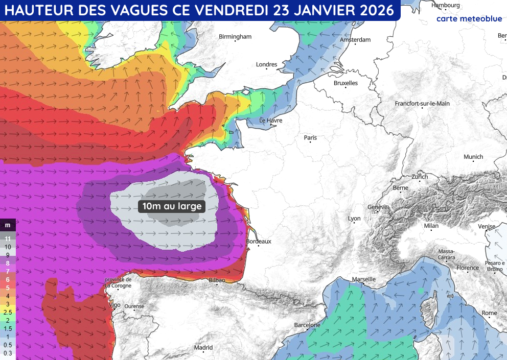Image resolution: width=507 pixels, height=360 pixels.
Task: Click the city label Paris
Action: click(310, 138)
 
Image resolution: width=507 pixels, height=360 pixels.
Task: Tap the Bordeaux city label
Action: click(259, 241)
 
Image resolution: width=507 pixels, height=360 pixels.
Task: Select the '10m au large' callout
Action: click(172, 206)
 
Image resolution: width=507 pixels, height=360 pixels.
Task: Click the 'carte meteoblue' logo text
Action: click(469, 19)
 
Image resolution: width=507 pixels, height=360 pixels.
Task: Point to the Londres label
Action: click(266, 64)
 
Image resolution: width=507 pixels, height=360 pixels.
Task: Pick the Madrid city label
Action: click(203, 348)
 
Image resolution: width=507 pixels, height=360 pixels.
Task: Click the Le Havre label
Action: click(271, 121)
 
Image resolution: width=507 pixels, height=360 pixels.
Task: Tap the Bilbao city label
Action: click(217, 280)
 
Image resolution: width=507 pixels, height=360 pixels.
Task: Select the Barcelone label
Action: click(307, 325)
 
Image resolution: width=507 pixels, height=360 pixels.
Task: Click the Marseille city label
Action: click(364, 279)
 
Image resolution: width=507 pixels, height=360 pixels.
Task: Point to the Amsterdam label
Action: click(355, 40)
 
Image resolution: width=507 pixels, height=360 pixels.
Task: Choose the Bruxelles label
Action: click(345, 83)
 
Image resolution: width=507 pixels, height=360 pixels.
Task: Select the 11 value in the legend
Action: click(8, 238)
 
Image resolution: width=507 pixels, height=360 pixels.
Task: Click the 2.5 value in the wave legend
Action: click(8, 311)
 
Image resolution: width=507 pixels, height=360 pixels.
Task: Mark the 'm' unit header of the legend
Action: click(8, 225)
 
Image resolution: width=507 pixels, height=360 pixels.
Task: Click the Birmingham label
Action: click(235, 37)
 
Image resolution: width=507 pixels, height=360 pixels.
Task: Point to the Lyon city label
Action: click(354, 219)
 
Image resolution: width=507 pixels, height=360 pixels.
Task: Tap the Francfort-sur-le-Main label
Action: click(422, 103)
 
